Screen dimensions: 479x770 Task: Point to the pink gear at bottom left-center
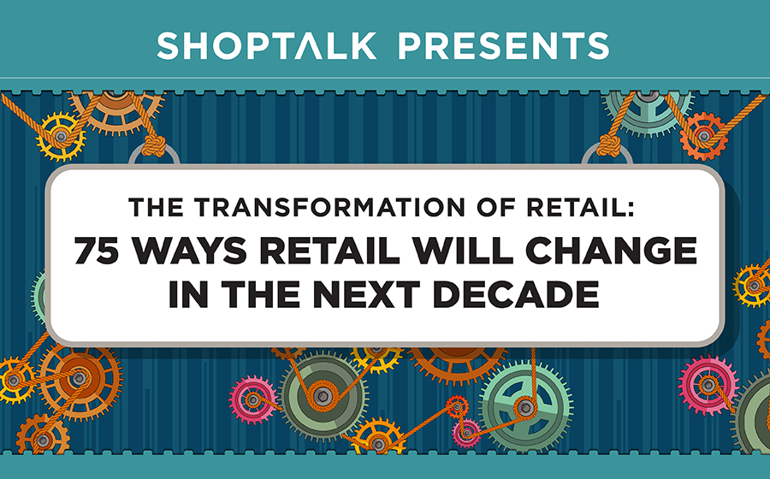253,398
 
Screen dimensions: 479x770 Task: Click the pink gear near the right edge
708,384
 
